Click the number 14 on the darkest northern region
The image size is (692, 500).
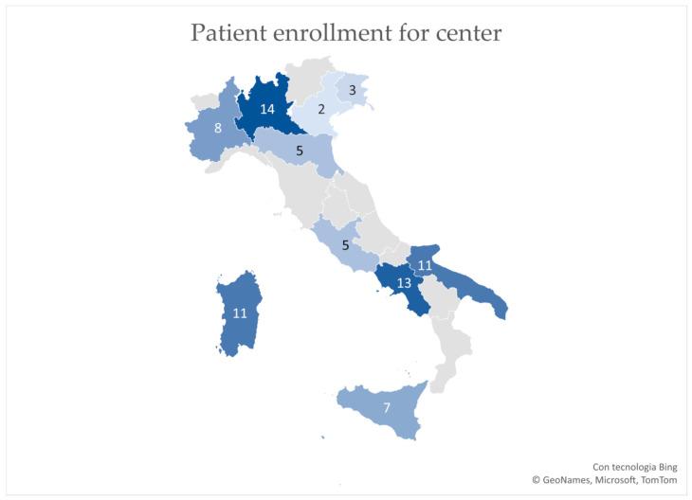(267, 109)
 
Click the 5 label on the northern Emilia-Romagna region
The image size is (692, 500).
(299, 150)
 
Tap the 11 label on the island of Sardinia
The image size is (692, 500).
(240, 312)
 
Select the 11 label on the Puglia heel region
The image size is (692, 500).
(425, 266)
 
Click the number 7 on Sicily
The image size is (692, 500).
(386, 408)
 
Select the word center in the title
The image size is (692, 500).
(469, 33)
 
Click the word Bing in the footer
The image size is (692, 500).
(665, 467)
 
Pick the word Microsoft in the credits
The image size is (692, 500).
(619, 481)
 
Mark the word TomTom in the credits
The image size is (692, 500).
(662, 481)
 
